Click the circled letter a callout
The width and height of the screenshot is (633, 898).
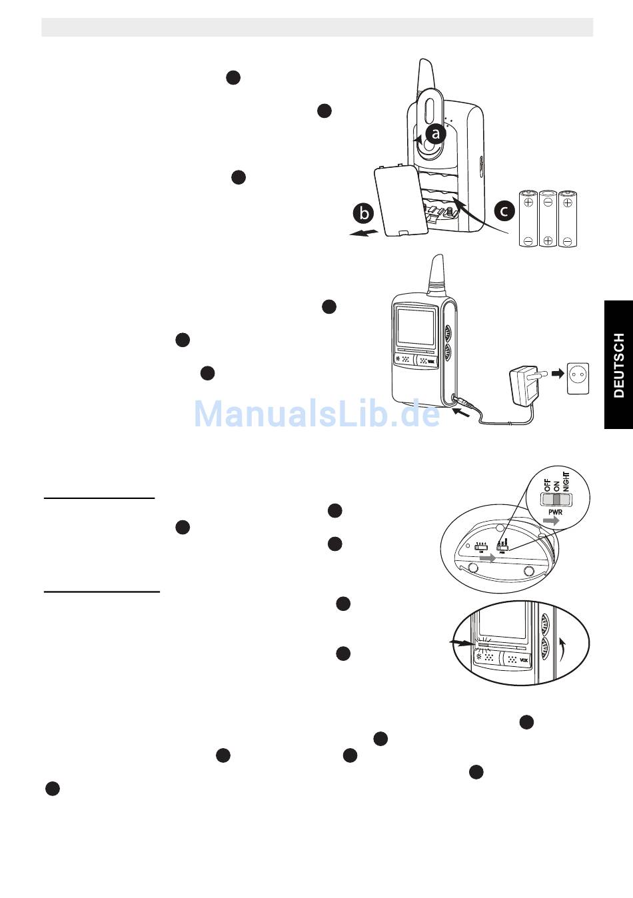coord(436,134)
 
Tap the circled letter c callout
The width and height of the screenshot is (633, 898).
coord(504,211)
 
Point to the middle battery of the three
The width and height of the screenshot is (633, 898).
coord(548,219)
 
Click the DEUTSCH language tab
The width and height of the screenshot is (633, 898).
coord(619,365)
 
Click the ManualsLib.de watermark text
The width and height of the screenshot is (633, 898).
coord(317,414)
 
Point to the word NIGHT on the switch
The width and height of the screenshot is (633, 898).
coord(566,480)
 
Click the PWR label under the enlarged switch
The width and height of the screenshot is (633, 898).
coord(555,512)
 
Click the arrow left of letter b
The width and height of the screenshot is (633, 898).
coord(364,233)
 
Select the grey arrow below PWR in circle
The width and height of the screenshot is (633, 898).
coord(551,522)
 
